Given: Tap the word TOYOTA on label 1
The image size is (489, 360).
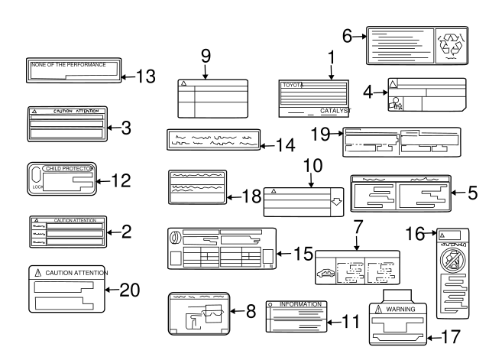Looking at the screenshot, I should pyautogui.click(x=291, y=85).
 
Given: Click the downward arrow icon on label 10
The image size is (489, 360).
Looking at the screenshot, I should pyautogui.click(x=335, y=203).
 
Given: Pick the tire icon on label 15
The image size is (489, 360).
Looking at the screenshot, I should pyautogui.click(x=175, y=238).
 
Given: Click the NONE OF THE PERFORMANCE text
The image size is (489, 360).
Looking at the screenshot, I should pyautogui.click(x=68, y=65).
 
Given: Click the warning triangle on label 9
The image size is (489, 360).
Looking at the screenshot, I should pyautogui.click(x=183, y=83).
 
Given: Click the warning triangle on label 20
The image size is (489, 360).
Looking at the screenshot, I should pyautogui.click(x=37, y=273).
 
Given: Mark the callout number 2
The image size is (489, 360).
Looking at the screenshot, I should pyautogui.click(x=126, y=229).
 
